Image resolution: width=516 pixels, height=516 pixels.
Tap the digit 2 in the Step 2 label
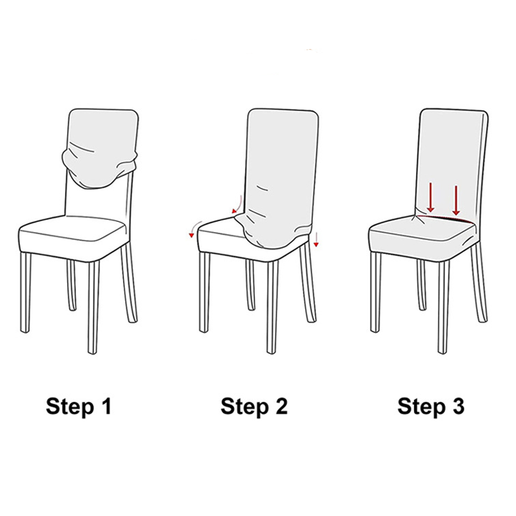coord(280,406)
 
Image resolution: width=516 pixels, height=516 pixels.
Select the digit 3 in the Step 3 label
coord(457,406)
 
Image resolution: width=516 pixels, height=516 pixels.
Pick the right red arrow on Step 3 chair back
coord(456,200)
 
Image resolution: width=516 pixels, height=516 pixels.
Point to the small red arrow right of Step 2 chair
coord(316,239)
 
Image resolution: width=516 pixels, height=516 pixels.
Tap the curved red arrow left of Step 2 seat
coord(193,228)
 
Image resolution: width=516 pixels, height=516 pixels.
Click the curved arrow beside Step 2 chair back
coord(237,204)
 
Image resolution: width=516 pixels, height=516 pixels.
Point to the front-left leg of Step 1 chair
coord(25,292)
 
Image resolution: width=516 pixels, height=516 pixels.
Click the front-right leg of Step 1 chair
coord(94,308)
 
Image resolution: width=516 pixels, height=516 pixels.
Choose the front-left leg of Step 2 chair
coord(204,292)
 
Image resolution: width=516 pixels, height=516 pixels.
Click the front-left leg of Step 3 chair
coord(376,292)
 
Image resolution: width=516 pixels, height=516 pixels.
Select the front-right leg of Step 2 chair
coord(272,308)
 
